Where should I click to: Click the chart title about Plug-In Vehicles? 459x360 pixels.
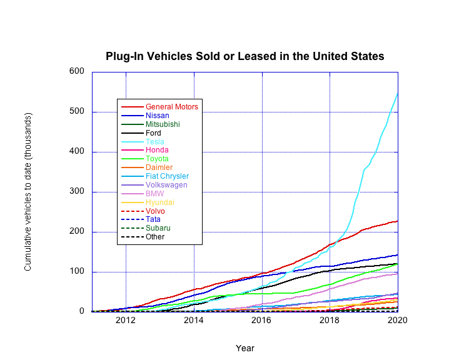click(245, 56)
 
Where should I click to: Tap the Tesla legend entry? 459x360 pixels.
click(156, 142)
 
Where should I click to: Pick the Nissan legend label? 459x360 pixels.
click(158, 116)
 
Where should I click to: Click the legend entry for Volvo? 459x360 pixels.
click(155, 211)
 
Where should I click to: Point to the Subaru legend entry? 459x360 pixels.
click(158, 228)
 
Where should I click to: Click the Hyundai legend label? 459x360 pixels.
click(159, 202)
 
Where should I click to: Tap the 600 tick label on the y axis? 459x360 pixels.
click(76, 71)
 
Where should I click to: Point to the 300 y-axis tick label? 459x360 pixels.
click(76, 192)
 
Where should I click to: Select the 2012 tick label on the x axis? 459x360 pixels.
click(126, 321)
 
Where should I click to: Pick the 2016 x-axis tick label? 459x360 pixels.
click(262, 321)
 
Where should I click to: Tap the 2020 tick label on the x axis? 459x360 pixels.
click(398, 321)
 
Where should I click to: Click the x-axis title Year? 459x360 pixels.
click(245, 348)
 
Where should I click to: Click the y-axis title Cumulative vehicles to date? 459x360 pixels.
click(28, 192)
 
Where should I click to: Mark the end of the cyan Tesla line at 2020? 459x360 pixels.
click(398, 93)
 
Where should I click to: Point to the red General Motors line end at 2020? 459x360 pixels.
click(398, 221)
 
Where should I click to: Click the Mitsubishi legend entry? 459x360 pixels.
click(163, 124)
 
